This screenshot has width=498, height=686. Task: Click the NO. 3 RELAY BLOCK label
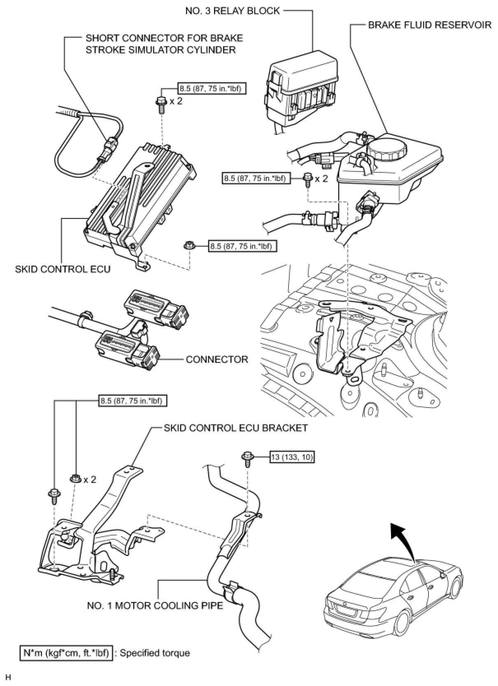tap(233, 11)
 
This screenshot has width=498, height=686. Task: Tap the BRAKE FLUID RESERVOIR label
tap(429, 25)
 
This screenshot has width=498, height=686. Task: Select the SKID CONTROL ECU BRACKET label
tap(235, 428)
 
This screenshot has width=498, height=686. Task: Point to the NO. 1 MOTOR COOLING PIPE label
tap(155, 605)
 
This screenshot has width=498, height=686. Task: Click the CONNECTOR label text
tap(217, 359)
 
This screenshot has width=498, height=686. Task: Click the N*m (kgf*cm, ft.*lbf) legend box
tap(66, 653)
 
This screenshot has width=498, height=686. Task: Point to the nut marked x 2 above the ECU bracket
tap(75, 479)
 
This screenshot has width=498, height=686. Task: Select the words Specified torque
tap(155, 653)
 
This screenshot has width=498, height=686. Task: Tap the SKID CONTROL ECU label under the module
tap(63, 269)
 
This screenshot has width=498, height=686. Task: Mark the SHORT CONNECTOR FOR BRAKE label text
tap(164, 38)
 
